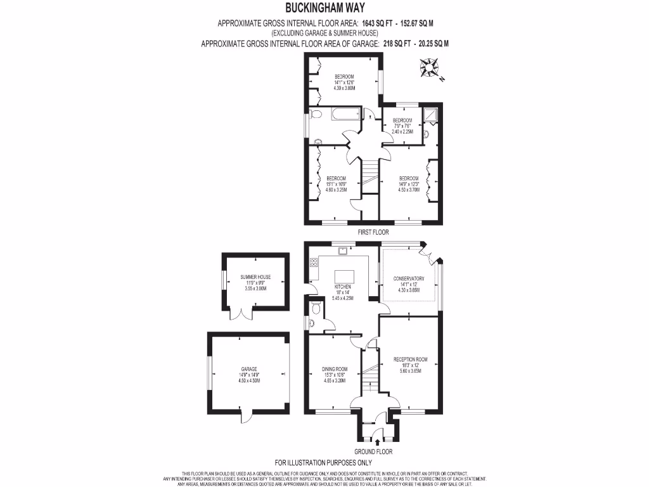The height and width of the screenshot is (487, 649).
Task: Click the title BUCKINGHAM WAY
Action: pos(324,9)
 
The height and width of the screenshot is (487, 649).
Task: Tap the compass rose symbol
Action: pos(430,67)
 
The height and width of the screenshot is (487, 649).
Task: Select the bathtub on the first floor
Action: pos(340,115)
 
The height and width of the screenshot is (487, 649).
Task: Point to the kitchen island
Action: pos(343,276)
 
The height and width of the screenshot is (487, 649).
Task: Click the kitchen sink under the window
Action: pos(343,250)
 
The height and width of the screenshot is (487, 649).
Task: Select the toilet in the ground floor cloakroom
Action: pos(316,309)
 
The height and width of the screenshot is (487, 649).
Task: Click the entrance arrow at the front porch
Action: pos(378,441)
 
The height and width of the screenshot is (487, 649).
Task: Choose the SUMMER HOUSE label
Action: pos(255,277)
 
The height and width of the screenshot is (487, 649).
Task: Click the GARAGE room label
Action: pos(248,368)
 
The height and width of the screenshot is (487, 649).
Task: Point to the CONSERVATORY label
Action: pos(409,278)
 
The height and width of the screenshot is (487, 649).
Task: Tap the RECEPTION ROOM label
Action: pos(410,360)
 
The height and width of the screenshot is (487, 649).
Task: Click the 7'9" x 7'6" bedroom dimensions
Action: pos(402,126)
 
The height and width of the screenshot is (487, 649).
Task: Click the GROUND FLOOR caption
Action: pos(374,452)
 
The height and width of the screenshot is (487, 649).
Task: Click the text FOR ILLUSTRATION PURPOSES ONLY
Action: pos(323,463)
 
